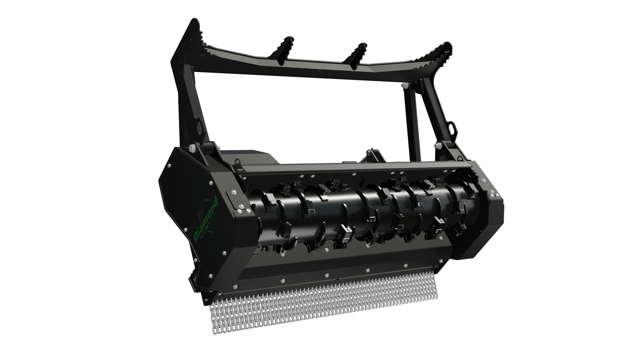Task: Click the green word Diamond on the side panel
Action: pos(206,218)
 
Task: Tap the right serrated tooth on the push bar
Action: pos(358,54)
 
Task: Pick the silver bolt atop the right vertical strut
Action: pos(404,86)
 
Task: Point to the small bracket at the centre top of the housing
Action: pos(375,155)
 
